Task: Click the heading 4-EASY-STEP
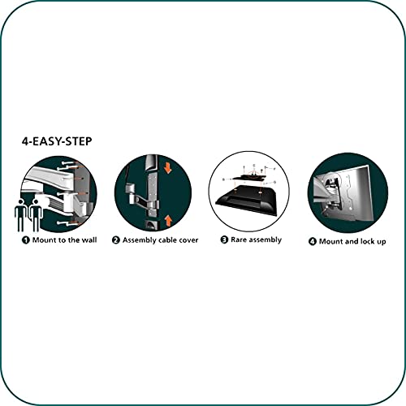click(57, 141)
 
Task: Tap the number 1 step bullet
click(26, 240)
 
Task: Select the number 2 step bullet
click(116, 240)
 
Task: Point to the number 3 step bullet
click(224, 240)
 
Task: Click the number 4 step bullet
click(313, 241)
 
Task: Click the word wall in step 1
click(89, 240)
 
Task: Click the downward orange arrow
click(168, 168)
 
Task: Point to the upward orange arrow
click(168, 221)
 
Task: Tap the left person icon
click(20, 215)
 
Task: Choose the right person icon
click(36, 215)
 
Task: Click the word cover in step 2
click(188, 240)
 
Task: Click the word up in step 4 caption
click(381, 242)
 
